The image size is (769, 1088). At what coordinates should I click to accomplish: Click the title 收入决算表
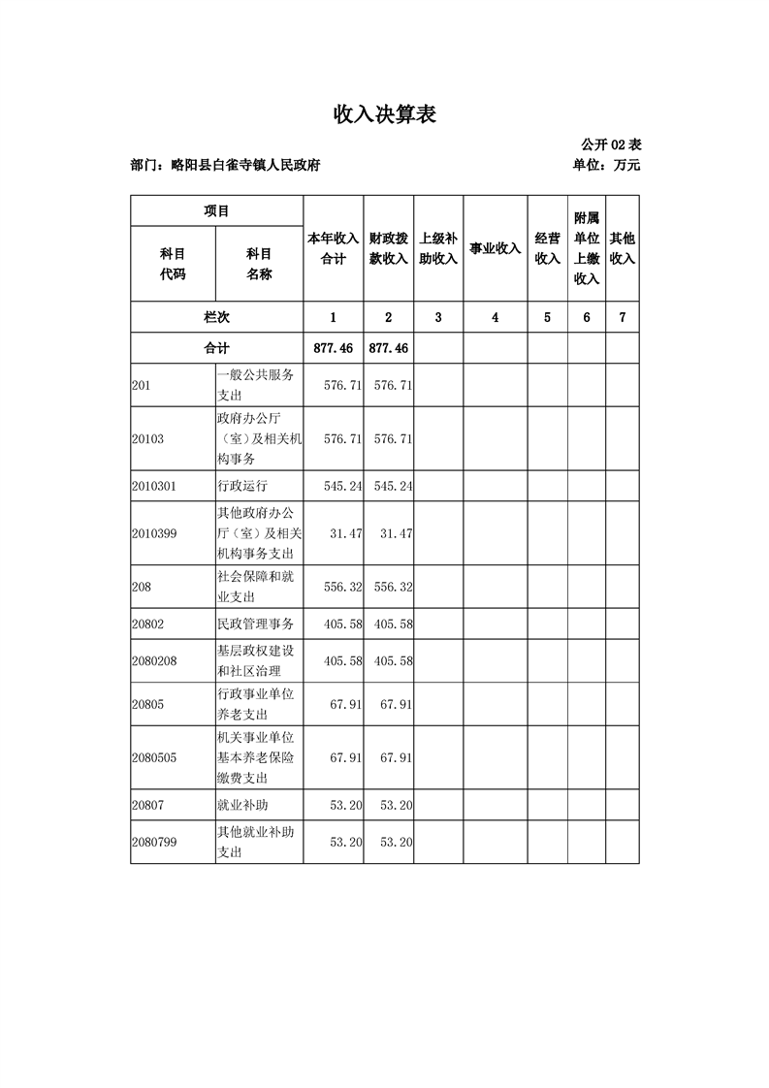385,115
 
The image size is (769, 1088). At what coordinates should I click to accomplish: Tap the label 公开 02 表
611,145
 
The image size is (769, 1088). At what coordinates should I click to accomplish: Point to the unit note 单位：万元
607,166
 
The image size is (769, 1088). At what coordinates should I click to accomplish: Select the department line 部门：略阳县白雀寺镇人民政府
225,166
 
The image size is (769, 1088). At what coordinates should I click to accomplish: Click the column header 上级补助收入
438,248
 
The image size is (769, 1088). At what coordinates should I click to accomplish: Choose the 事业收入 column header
495,248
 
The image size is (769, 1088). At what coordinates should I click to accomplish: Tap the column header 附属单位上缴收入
587,248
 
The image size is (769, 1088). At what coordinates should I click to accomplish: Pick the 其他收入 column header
622,248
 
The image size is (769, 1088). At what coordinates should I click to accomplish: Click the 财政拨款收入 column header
388,248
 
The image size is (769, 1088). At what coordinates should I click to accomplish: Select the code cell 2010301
154,486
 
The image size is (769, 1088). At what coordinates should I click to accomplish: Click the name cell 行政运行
242,486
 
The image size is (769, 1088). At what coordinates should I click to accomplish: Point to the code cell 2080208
154,661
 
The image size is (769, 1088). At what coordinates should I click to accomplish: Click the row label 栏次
217,317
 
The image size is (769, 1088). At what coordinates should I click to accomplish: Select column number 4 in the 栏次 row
495,317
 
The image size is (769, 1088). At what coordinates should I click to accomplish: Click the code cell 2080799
154,843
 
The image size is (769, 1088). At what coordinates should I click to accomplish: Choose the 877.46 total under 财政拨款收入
388,347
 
